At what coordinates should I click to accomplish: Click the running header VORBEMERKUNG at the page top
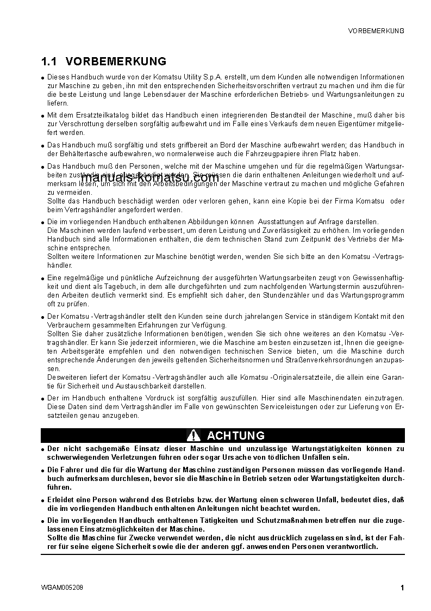click(376, 31)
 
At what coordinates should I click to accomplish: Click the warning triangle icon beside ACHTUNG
click(193, 435)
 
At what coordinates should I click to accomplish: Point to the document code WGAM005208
click(62, 588)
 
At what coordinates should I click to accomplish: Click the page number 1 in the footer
click(402, 588)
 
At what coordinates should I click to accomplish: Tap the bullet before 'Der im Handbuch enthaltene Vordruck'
click(42, 399)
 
